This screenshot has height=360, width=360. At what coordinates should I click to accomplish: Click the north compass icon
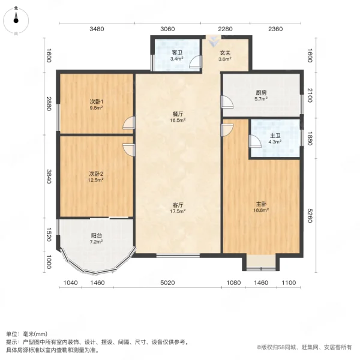[16, 19]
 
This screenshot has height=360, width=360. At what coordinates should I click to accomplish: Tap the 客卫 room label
[176, 52]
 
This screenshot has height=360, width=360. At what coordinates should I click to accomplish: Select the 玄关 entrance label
[224, 52]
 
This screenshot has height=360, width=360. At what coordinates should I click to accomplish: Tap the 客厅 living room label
[178, 205]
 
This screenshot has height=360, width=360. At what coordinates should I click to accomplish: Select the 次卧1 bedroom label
[96, 101]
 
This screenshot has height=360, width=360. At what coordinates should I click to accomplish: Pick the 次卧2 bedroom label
[96, 173]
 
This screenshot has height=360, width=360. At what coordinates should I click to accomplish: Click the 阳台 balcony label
[96, 236]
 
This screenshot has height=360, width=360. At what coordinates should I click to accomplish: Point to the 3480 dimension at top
[97, 29]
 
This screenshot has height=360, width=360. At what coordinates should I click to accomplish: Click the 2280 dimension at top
[225, 29]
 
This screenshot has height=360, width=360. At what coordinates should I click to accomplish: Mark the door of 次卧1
[129, 125]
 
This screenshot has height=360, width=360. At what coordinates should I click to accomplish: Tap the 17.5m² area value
[178, 211]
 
